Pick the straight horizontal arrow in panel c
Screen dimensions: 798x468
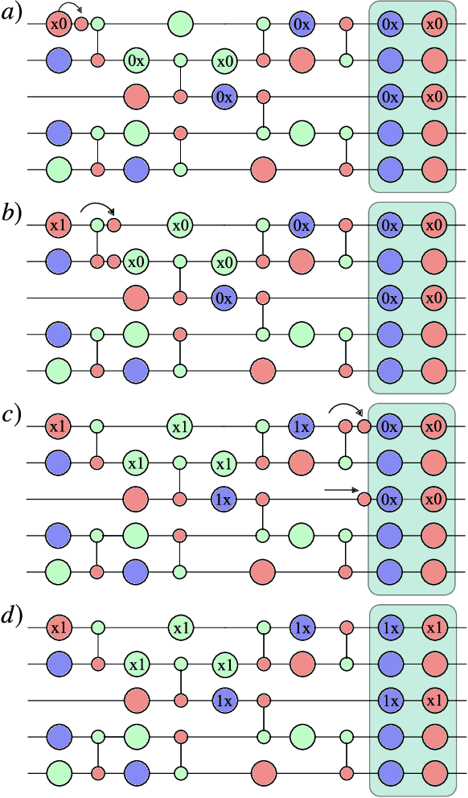341,488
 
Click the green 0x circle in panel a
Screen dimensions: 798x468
136,60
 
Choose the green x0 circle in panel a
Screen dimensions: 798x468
224,60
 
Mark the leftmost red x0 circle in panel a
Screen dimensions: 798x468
59,24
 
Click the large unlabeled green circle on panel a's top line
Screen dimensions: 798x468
180,24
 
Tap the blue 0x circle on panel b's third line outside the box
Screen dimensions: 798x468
224,298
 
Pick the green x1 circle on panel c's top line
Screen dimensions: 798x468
180,426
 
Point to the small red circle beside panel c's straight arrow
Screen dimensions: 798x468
363,500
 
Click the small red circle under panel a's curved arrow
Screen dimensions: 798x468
81,24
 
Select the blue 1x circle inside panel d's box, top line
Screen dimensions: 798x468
390,626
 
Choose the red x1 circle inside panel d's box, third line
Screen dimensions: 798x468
434,701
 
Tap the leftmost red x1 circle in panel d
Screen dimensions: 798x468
59,626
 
